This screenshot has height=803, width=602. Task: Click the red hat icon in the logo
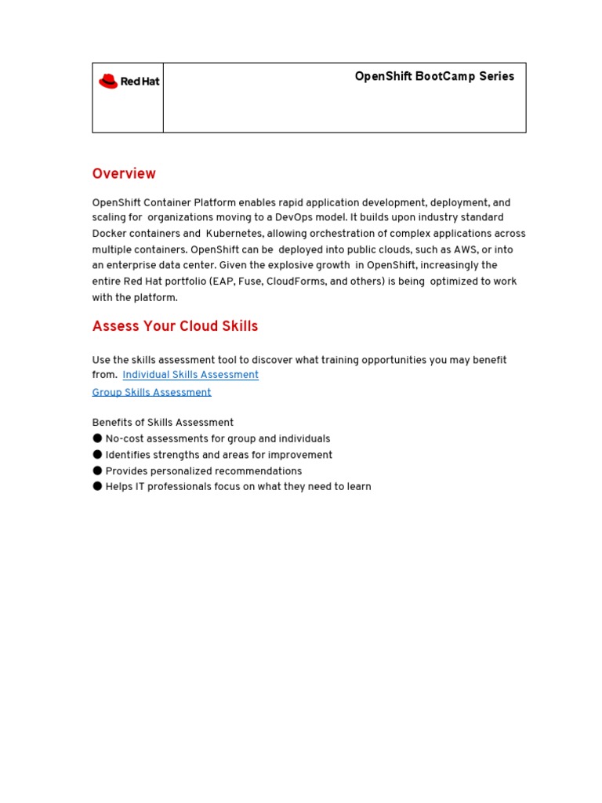[x=108, y=82]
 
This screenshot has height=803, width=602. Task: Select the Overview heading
[x=124, y=174]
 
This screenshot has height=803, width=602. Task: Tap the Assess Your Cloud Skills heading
[x=175, y=326]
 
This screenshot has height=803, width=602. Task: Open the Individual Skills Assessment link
[x=190, y=375]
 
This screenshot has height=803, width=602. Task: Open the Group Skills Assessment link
[x=151, y=392]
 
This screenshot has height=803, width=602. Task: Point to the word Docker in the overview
[x=111, y=234]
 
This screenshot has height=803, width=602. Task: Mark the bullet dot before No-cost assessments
[x=97, y=438]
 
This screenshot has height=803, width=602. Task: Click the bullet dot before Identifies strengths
[x=97, y=455]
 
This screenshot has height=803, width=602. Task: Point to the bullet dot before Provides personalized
[x=97, y=471]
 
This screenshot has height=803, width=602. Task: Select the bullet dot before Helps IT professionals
[x=97, y=487]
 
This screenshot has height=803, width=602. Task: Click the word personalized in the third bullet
[x=185, y=471]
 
